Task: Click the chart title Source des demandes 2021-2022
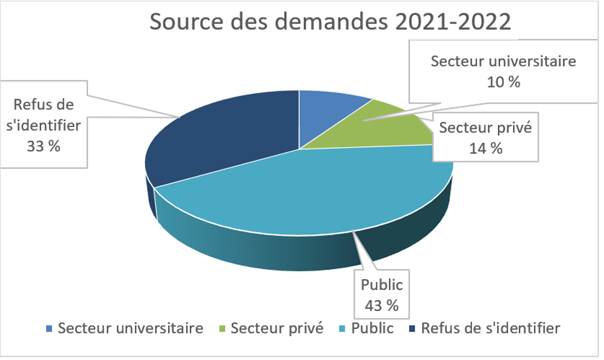pos(330,23)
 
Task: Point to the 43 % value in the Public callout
pos(381,305)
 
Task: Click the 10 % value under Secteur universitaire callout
pos(503,82)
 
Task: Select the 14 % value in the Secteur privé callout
pos(486,148)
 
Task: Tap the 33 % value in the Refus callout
pos(44,147)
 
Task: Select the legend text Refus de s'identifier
pos(490,329)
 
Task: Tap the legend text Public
pos(372,329)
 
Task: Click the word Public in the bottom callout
pos(382,285)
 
